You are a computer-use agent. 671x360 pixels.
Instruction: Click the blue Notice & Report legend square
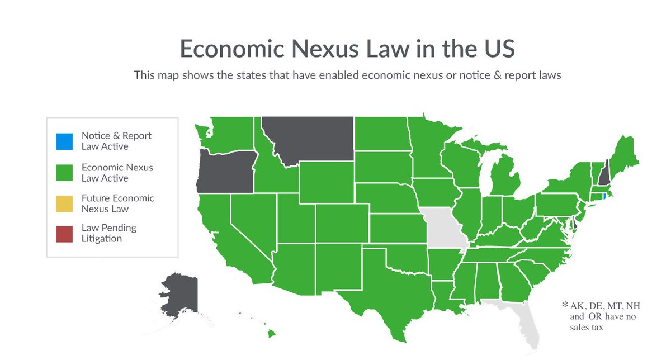pos(65,141)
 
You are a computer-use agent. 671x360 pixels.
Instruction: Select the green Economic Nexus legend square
pos(65,172)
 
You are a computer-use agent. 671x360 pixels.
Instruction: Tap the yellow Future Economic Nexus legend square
pos(65,203)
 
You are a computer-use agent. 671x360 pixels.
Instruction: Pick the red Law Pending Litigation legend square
pos(65,234)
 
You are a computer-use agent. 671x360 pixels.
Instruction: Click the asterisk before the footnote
pos(565,306)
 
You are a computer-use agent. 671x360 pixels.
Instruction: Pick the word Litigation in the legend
pos(102,239)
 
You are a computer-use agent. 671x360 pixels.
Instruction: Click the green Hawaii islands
pos(271,333)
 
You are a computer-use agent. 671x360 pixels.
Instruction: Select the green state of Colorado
pos(342,224)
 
